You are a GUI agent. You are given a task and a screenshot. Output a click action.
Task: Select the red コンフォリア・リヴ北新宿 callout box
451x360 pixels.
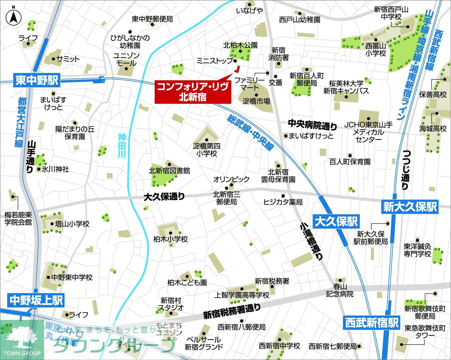(193, 92)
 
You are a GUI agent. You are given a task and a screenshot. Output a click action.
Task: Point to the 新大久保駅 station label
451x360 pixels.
(410, 207)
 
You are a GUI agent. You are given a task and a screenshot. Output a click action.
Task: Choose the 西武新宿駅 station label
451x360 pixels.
(372, 323)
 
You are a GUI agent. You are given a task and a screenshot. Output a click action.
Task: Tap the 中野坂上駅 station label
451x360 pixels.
(36, 301)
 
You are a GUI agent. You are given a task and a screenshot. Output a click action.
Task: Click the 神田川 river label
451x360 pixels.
(122, 146)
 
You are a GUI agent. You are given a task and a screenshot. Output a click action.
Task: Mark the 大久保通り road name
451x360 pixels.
(164, 197)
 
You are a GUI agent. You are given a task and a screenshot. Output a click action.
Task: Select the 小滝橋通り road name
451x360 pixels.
(311, 241)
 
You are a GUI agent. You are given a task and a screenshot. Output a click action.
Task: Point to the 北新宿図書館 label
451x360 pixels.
(169, 171)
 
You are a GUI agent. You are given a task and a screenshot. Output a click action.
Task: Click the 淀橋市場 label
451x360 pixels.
(256, 101)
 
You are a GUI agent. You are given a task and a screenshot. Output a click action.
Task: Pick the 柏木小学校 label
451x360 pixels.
(171, 239)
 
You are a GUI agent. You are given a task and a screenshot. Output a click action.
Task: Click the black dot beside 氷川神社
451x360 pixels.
(39, 169)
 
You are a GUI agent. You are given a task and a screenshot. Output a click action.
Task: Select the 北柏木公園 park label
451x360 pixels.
(240, 45)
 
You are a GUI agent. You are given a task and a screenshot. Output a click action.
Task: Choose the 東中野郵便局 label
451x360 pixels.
(152, 19)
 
